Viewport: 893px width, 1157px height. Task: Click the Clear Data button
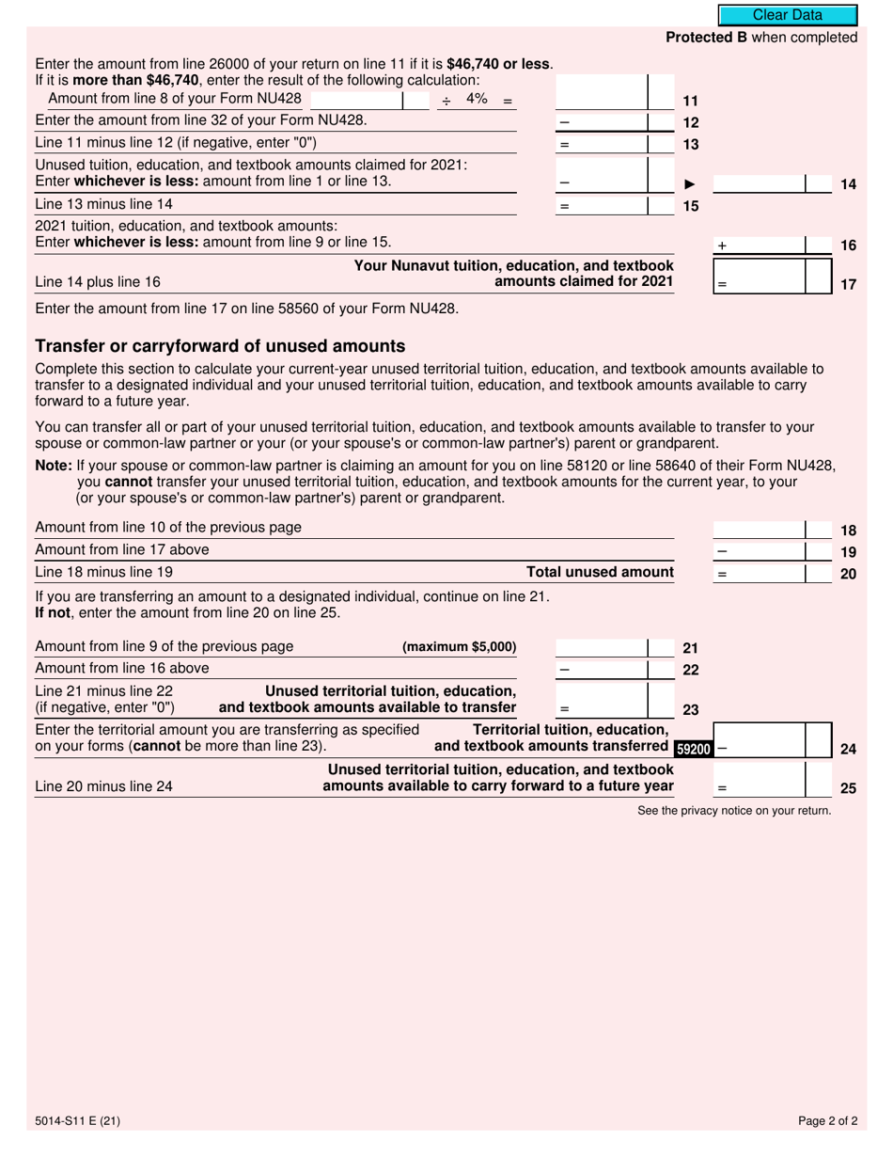[788, 15]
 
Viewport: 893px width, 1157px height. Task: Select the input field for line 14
[760, 183]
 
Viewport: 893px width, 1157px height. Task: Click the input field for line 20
[760, 572]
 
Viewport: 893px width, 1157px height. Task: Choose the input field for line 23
[602, 700]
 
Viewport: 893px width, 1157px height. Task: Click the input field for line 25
[760, 780]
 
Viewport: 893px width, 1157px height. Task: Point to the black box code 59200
[694, 750]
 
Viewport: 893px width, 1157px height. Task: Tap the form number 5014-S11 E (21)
[77, 1120]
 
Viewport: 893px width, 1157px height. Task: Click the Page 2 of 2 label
[827, 1120]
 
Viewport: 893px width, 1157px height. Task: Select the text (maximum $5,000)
[459, 647]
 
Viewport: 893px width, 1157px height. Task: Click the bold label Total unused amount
[600, 572]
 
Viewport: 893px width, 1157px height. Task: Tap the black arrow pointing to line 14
[689, 184]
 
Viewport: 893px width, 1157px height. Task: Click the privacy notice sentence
[733, 810]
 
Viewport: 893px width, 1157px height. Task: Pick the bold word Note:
[53, 465]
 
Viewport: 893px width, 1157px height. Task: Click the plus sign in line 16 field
[722, 246]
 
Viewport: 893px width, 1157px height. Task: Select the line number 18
[848, 530]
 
